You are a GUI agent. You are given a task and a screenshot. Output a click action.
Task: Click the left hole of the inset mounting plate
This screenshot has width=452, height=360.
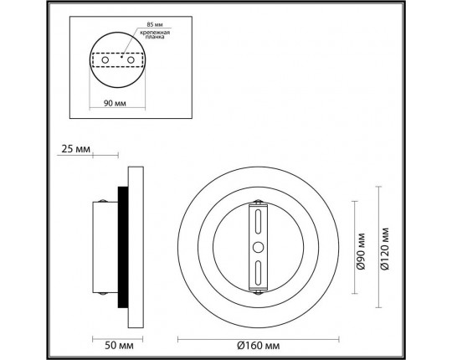coord(105,60)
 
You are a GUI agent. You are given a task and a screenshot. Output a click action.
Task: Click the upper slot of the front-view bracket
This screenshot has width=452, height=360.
coord(259,224)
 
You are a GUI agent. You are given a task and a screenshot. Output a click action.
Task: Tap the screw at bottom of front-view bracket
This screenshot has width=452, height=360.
coord(259,291)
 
